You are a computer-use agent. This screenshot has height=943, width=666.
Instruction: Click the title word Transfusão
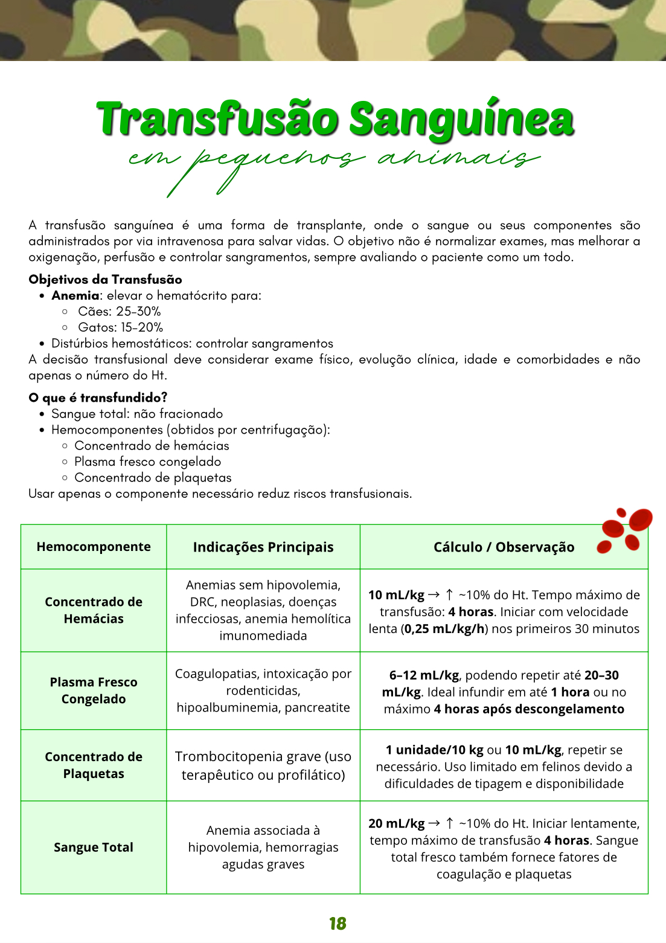(217, 118)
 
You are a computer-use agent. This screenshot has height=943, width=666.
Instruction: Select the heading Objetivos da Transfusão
(105, 279)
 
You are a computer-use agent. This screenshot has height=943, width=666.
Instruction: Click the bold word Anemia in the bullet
(75, 295)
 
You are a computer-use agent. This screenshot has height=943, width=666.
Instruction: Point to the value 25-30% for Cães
(138, 311)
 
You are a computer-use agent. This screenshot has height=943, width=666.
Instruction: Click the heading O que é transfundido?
(98, 397)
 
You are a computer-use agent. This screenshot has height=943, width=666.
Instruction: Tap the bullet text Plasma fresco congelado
(147, 462)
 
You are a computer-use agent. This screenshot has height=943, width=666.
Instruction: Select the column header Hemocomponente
(94, 547)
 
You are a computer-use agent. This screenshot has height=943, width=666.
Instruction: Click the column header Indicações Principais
(263, 547)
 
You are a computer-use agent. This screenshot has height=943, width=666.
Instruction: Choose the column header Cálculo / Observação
(504, 547)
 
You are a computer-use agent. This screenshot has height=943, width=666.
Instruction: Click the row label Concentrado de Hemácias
(94, 610)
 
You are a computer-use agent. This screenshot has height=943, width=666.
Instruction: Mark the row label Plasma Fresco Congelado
(94, 690)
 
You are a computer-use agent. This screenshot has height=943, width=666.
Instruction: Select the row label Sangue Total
(94, 847)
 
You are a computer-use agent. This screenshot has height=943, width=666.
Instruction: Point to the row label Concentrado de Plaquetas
(94, 765)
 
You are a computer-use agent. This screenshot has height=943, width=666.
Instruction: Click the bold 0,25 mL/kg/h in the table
(444, 629)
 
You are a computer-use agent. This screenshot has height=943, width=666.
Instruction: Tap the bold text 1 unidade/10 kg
(435, 750)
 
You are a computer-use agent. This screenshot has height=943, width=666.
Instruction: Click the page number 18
(338, 923)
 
